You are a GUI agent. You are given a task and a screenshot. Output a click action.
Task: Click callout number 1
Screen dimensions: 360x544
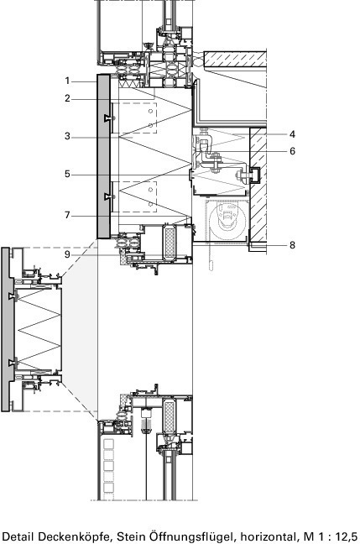coord(67,81)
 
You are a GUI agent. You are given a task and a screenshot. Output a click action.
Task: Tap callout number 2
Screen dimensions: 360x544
coord(67,98)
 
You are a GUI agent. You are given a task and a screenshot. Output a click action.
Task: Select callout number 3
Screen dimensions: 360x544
coord(67,136)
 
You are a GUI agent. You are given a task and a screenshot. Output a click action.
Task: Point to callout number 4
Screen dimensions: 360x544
coord(292,134)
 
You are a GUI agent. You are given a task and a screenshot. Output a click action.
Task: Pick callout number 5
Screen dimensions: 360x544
coord(67,174)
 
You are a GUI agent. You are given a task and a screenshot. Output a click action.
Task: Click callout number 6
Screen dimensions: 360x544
coord(292,151)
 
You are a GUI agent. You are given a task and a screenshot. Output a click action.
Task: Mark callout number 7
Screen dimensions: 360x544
coord(67,215)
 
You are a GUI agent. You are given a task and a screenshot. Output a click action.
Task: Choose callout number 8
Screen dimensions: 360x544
coord(292,245)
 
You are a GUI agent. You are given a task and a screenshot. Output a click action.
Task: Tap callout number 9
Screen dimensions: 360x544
coord(67,254)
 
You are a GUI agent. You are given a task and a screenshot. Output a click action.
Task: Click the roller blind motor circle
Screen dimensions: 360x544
coord(227,221)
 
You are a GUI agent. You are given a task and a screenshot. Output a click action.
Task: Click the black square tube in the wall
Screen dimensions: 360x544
coord(256,175)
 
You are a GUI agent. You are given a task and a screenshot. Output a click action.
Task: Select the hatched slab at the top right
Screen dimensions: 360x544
coord(235,60)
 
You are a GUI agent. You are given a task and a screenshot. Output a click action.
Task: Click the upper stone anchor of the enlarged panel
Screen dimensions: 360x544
coord(13,296)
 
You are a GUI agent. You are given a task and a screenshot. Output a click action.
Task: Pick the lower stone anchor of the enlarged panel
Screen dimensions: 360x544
coord(13,364)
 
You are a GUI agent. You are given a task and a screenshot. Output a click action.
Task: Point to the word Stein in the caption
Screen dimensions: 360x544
coord(130,536)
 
